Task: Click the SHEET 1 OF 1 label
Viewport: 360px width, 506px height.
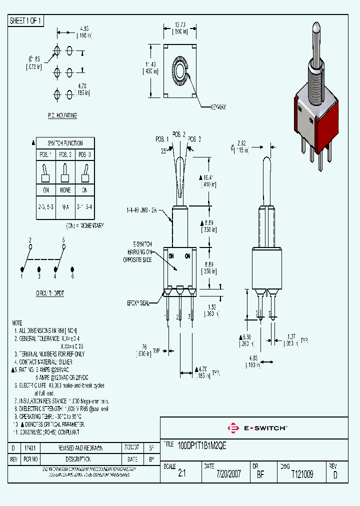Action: [x=25, y=20]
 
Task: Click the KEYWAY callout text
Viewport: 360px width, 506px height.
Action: [x=218, y=106]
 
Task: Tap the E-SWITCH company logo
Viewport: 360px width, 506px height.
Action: [x=257, y=428]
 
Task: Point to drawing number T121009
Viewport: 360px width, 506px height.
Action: [x=302, y=474]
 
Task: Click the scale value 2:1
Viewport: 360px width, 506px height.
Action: [x=181, y=474]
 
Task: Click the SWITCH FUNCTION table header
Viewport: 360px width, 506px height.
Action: [x=65, y=143]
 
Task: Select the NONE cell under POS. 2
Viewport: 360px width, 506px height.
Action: [x=65, y=190]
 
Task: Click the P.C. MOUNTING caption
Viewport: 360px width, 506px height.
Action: [x=62, y=115]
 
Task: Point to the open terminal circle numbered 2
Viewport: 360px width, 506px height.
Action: [x=30, y=246]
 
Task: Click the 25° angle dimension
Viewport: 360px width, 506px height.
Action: [x=163, y=150]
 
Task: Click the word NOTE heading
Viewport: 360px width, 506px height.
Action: [x=17, y=323]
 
